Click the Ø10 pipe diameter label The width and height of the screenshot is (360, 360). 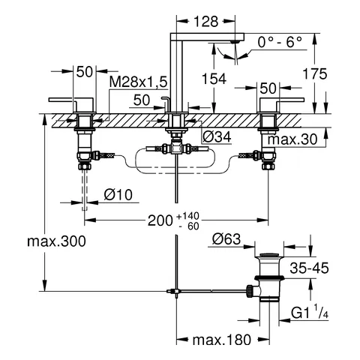coord(118,194)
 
